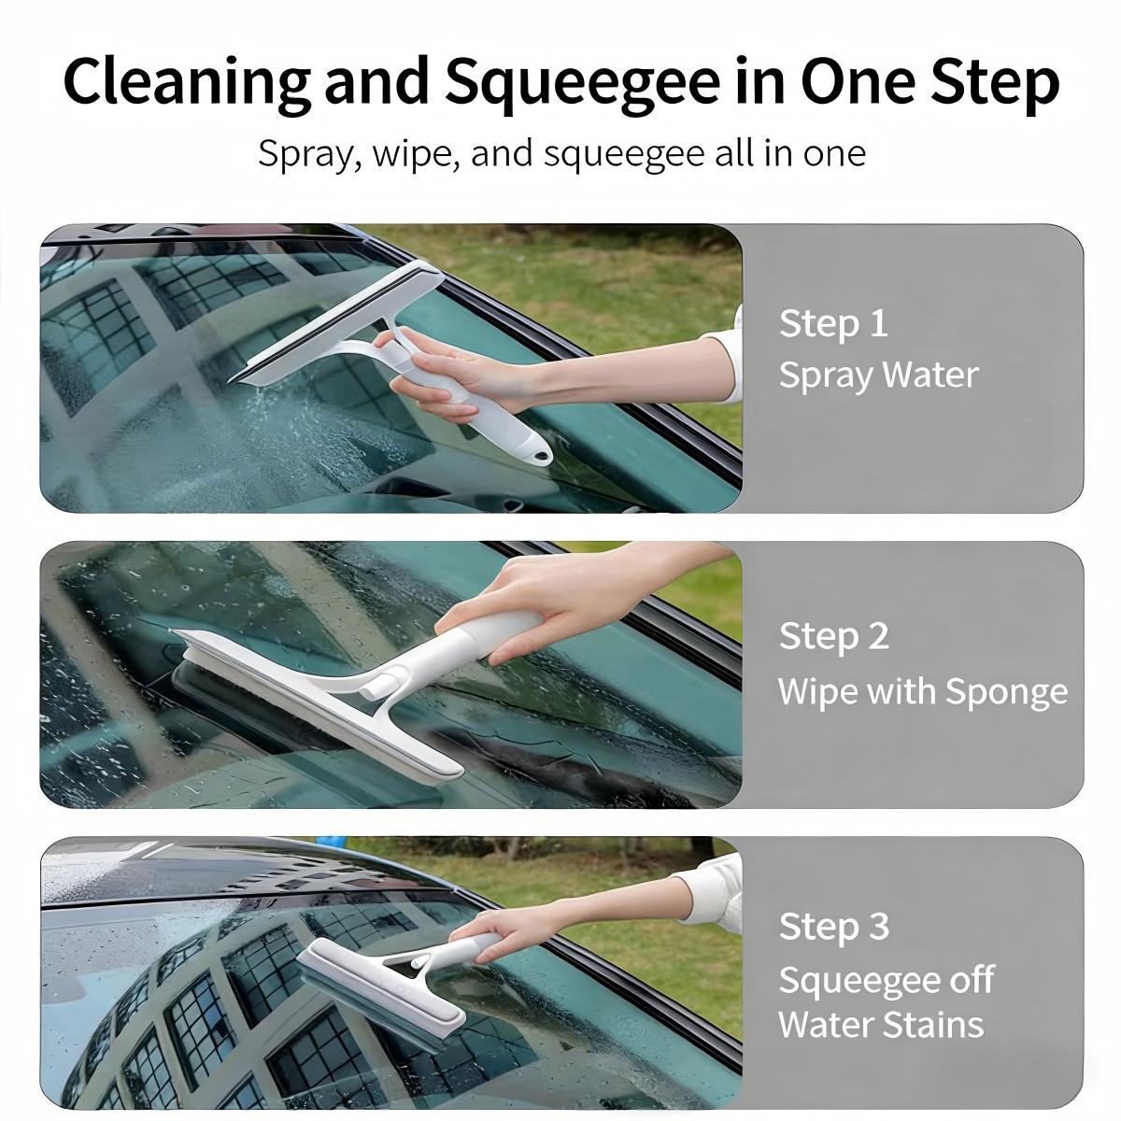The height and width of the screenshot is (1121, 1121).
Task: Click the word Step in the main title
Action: click(994, 82)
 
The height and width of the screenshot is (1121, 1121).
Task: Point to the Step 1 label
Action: click(832, 323)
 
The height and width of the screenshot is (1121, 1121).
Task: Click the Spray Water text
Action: click(878, 375)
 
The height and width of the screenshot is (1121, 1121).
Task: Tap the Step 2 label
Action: click(833, 636)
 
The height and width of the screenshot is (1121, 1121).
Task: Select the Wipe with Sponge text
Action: click(922, 691)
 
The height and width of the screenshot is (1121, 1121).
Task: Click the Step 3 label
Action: click(833, 926)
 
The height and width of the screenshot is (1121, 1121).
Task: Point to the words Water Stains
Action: click(880, 1024)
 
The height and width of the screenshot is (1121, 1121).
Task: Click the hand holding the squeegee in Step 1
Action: click(448, 374)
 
